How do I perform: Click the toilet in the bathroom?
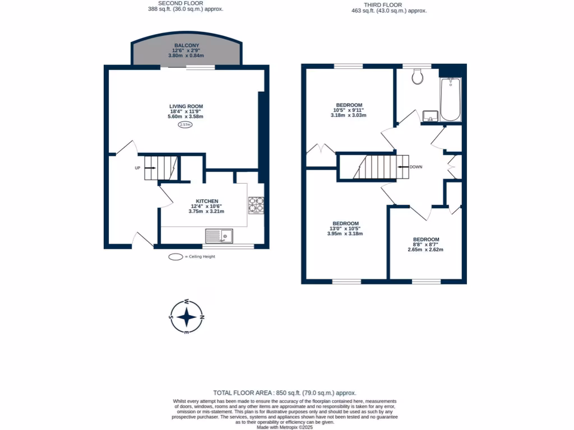click(418, 77)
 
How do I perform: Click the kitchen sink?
click(219, 236)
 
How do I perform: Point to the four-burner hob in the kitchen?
click(256, 205)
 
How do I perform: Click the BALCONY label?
click(187, 45)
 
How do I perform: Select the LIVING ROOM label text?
click(186, 106)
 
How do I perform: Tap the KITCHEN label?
click(207, 202)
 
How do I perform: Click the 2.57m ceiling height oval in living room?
click(185, 125)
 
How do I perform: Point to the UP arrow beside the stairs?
click(137, 167)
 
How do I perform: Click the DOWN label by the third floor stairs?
click(415, 167)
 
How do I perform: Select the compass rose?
click(187, 317)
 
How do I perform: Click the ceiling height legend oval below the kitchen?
click(175, 257)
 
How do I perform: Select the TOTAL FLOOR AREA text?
click(285, 393)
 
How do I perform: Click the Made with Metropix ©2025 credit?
click(285, 427)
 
